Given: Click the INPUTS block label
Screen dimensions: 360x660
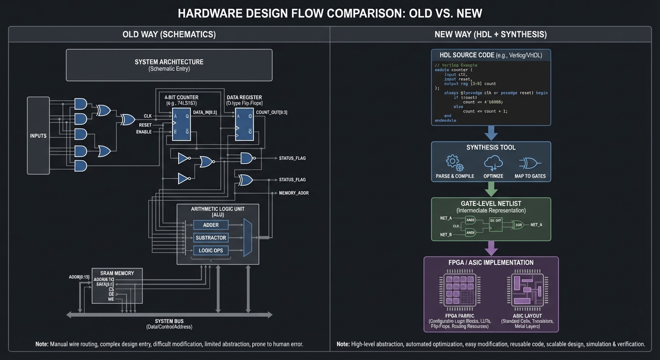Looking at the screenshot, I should (38, 136).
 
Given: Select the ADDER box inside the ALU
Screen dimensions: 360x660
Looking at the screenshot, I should (211, 225).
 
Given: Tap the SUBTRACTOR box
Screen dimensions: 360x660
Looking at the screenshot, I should (211, 238).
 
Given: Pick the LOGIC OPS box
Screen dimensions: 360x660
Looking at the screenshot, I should (211, 250).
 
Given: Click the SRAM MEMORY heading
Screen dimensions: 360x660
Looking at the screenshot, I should (117, 273).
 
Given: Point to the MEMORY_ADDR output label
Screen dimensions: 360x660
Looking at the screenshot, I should (293, 193).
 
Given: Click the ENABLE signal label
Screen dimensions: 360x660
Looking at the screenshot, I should (144, 132).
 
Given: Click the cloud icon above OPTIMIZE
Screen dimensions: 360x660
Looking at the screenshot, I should (493, 163).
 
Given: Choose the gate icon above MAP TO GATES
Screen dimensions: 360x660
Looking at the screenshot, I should (532, 163).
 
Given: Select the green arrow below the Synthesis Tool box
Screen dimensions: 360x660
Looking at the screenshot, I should (491, 189).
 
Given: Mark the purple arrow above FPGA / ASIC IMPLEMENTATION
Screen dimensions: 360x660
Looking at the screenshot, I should (491, 248).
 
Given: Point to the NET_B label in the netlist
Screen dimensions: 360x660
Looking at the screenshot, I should (446, 234).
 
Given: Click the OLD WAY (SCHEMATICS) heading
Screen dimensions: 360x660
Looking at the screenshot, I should (169, 35).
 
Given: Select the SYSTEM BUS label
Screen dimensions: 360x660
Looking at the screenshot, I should (169, 321).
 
